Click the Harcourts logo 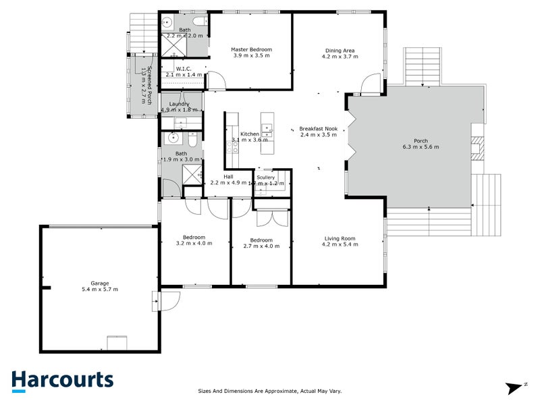62,379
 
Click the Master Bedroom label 251,50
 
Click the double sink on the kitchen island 267,129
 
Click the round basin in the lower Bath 173,139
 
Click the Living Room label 341,238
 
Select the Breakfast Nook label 319,128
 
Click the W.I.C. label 184,69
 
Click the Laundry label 180,103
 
